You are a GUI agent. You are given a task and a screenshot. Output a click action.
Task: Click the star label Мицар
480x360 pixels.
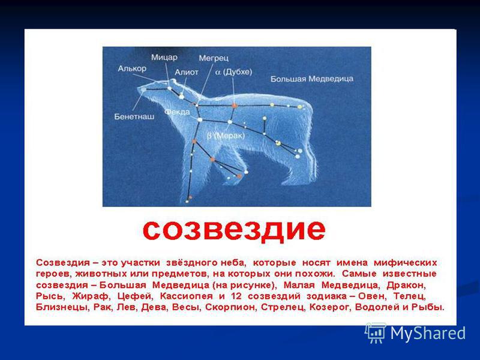coord(164,57)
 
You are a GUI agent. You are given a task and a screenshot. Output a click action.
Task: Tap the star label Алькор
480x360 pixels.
coord(132,68)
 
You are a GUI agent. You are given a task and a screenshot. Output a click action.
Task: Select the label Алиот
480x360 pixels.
coord(187,72)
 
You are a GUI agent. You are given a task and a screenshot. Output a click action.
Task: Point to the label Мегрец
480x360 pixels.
coord(214,58)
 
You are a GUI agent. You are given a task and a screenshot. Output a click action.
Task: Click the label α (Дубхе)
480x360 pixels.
coord(233,72)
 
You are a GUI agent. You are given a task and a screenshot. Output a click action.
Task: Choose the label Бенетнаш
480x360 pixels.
coord(134,116)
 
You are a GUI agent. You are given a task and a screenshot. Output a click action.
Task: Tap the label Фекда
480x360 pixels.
coord(177,112)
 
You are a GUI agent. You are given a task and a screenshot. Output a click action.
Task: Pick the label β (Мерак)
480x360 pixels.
coord(226,136)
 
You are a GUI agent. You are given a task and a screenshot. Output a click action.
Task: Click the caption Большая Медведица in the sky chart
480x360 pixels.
coord(311,79)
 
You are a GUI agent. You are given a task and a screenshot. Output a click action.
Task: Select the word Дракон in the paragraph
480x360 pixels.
coord(406,285)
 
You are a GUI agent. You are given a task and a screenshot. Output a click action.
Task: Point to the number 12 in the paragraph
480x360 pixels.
coord(236,296)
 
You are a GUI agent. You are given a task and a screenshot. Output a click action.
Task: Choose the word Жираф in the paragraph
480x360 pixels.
coord(91,296)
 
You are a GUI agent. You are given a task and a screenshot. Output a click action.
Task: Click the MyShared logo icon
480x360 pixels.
coord(375,333)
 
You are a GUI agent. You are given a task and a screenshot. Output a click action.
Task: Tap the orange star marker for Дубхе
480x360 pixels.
coord(235,106)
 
